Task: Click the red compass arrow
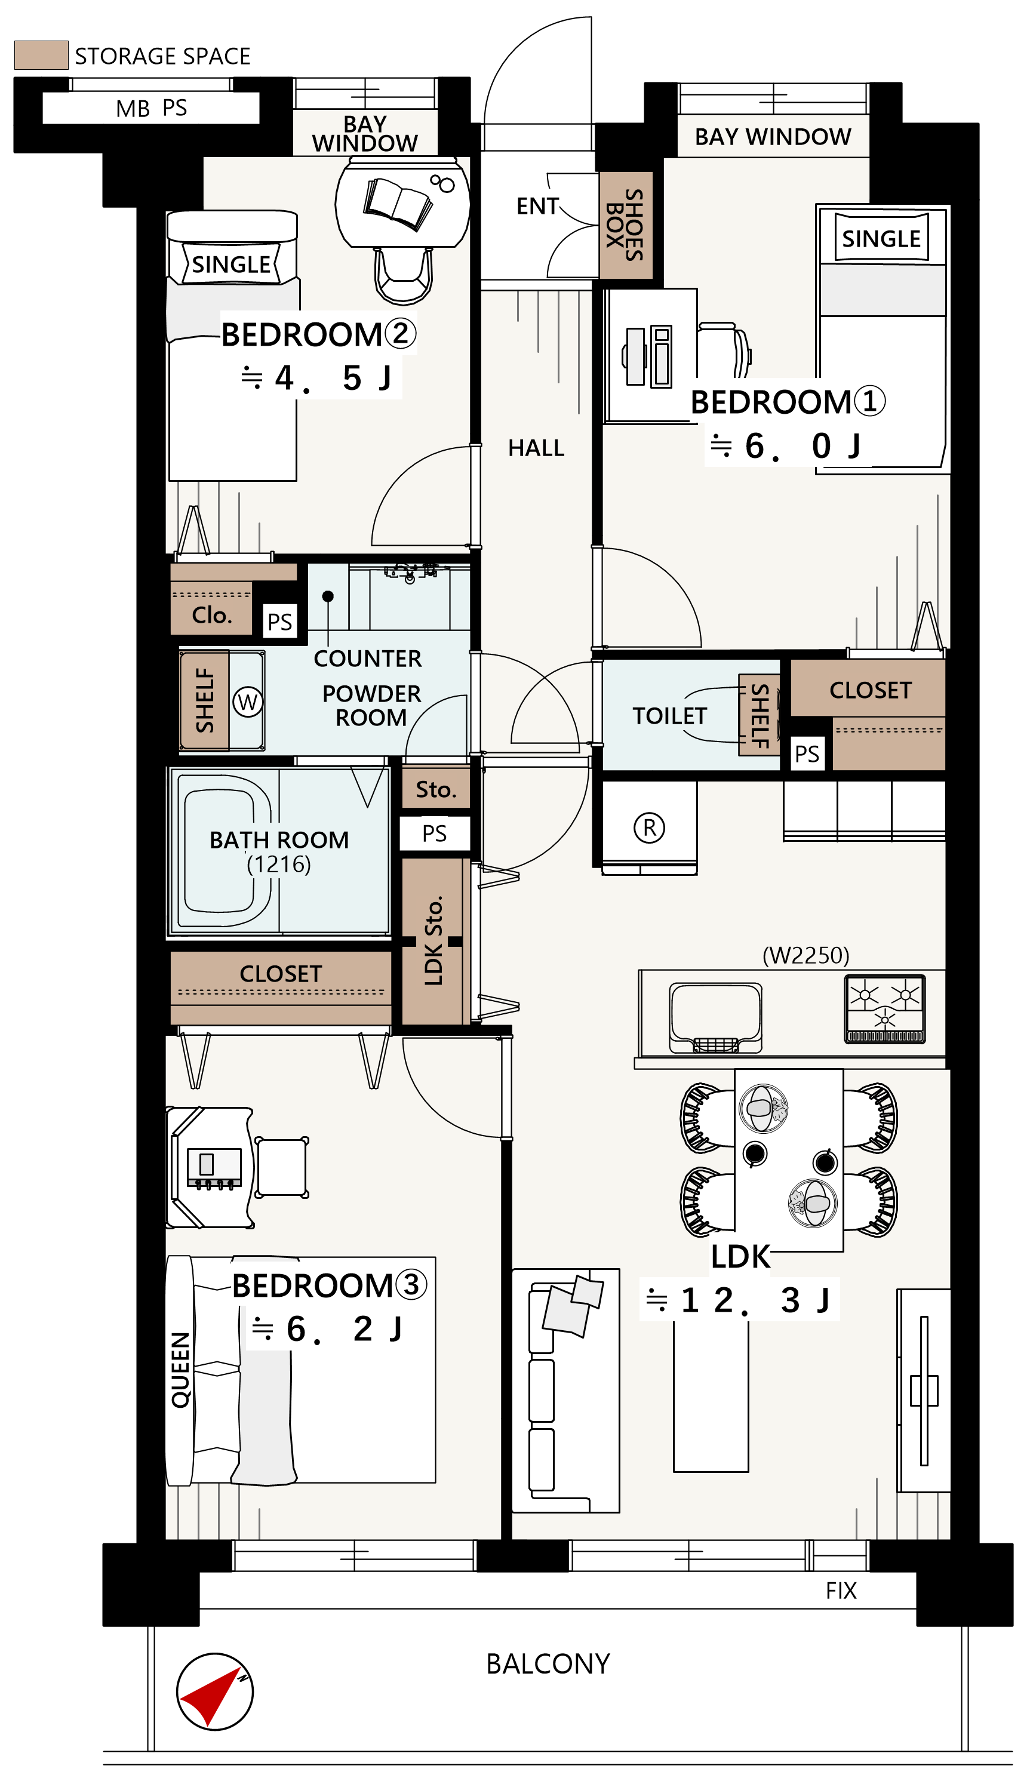coord(209,1696)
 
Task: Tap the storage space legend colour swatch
coord(41,55)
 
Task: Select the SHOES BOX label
coord(625,224)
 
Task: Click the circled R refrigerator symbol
coord(649,827)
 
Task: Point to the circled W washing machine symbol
coord(248,702)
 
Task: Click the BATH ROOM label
coord(279,839)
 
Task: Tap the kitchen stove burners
coord(885,1010)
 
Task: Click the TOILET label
coord(669,716)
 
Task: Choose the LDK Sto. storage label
coord(433,940)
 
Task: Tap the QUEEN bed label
coord(180,1370)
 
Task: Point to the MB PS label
coord(151,108)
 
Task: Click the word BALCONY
coord(548,1664)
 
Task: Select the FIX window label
coord(841,1591)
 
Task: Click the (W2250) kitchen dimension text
coord(805,955)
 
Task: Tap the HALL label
coord(536,448)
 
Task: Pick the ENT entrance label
coord(537,206)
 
